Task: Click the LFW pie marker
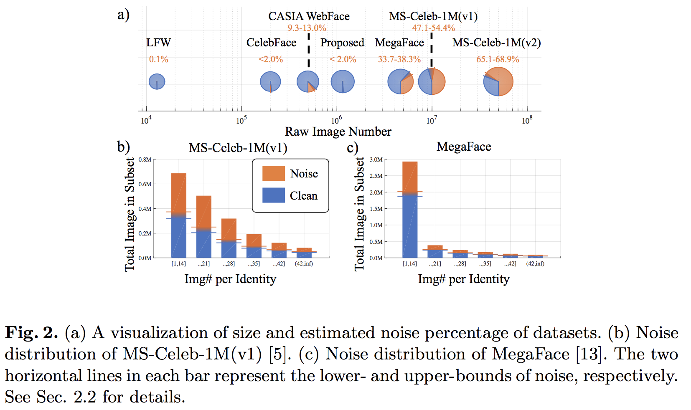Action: tap(157, 81)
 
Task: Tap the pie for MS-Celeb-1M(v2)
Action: tap(498, 82)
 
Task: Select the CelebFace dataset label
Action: tap(271, 43)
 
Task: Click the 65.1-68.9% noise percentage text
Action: tap(498, 59)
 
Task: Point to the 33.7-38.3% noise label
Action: tap(399, 59)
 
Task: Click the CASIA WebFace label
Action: tap(309, 16)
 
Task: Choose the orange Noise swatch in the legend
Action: tap(274, 173)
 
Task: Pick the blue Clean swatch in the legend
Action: tap(274, 195)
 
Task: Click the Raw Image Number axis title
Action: tap(338, 132)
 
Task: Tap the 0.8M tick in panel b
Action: tap(145, 159)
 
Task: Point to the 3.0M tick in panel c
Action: tap(376, 159)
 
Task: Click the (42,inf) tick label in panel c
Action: tap(535, 263)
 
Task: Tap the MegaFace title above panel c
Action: tap(464, 147)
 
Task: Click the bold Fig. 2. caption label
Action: tap(31, 333)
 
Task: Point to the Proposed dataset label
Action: tap(342, 43)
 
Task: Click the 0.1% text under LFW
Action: tap(159, 59)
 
